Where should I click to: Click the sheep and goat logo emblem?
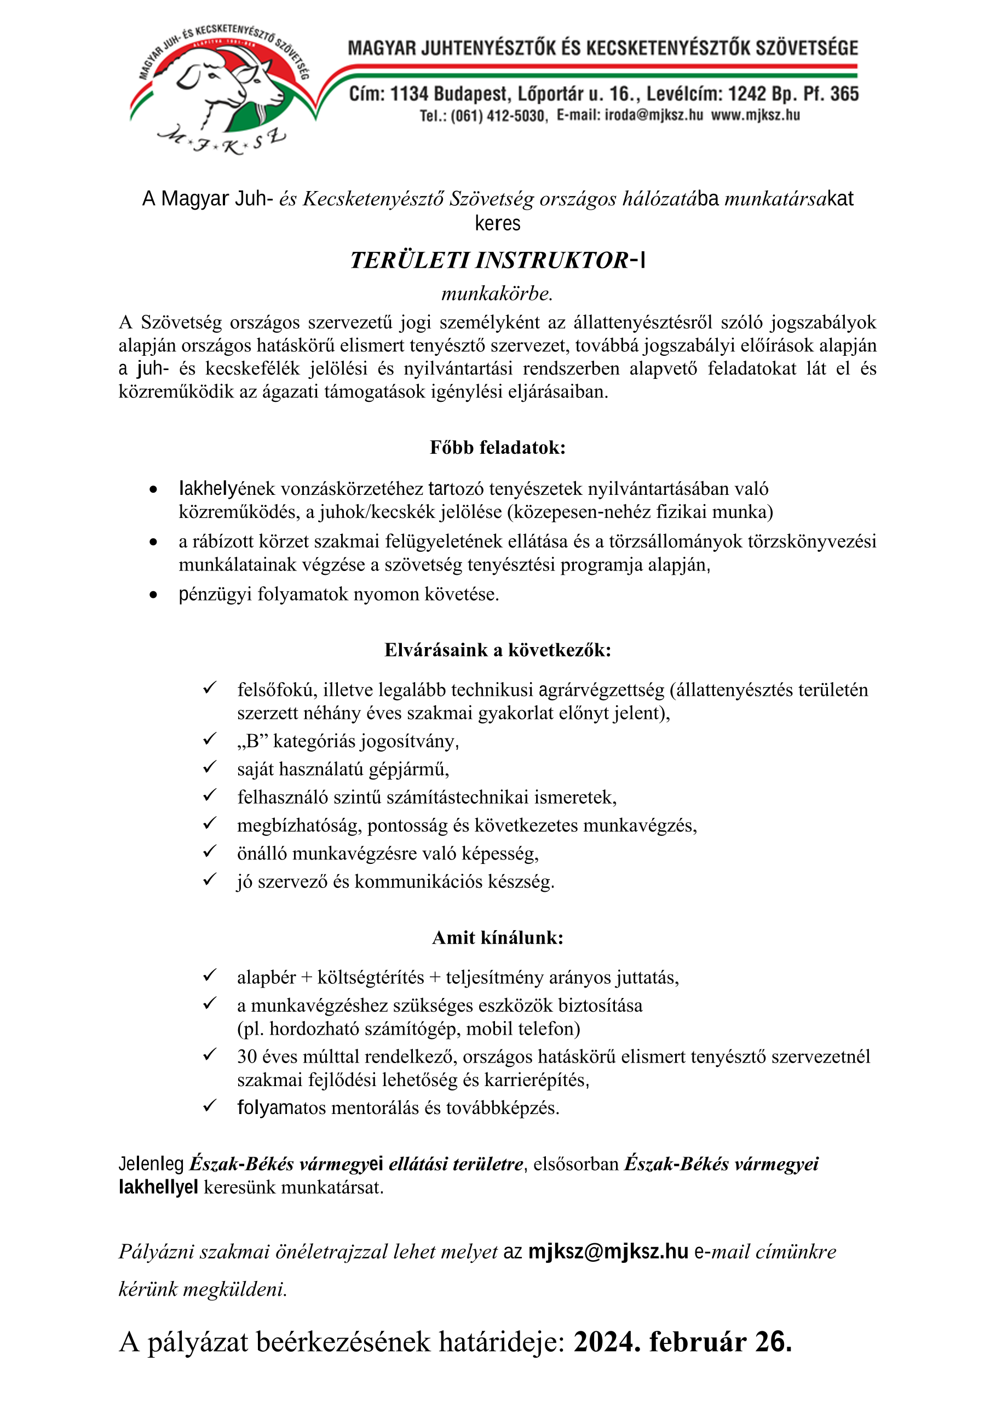[x=221, y=86]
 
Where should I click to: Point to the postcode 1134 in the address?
[x=408, y=94]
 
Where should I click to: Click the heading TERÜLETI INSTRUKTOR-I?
[x=497, y=260]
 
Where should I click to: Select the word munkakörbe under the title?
[x=497, y=294]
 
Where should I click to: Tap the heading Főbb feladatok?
[x=497, y=448]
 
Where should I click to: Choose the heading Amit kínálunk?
[x=497, y=938]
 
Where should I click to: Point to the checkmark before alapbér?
[x=210, y=976]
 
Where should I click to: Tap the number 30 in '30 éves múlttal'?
[x=247, y=1057]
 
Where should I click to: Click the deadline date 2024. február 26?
[x=683, y=1342]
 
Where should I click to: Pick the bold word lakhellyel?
[x=158, y=1187]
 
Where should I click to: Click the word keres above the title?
[x=497, y=223]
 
